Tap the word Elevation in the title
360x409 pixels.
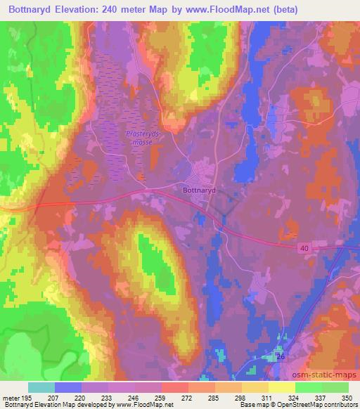pyautogui.click(x=91, y=10)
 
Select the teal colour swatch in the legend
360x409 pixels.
pyautogui.click(x=41, y=387)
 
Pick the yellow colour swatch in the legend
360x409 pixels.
pyautogui.click(x=281, y=387)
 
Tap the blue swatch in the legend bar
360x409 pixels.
pyautogui.click(x=68, y=387)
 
